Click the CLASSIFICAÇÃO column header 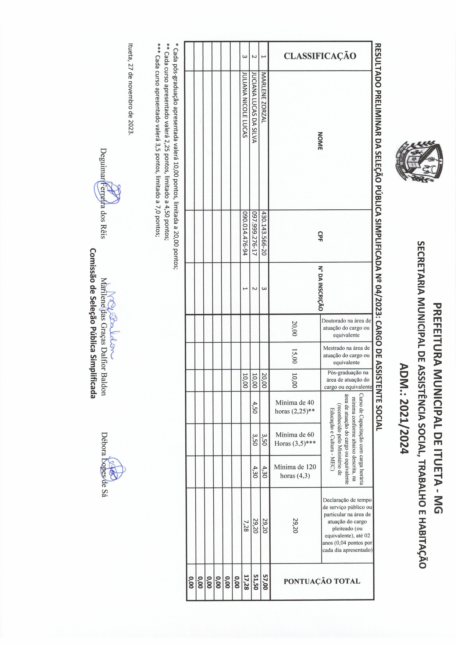click(320, 56)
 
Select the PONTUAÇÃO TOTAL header click(322, 581)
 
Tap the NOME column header click(320, 141)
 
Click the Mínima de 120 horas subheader click(295, 471)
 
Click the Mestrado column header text click(346, 355)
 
